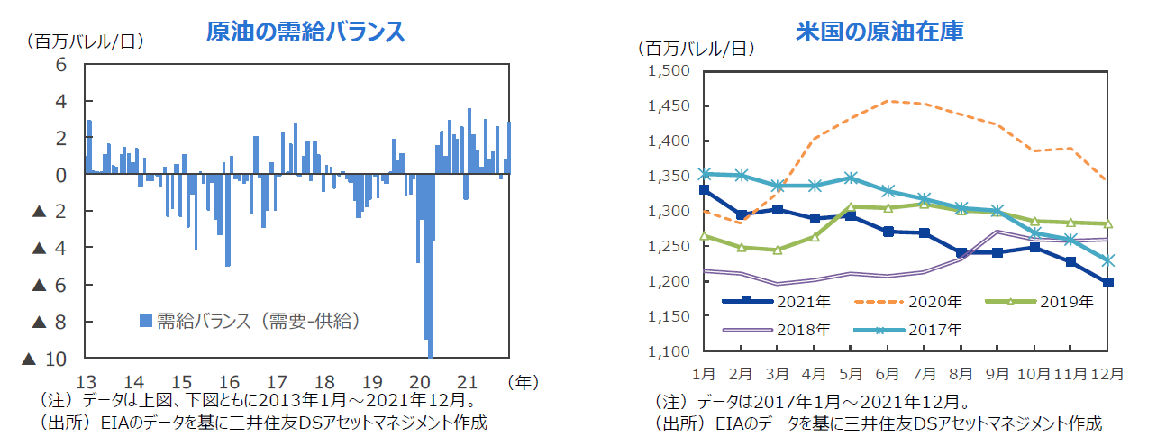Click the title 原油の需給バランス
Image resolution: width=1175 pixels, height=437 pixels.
click(305, 32)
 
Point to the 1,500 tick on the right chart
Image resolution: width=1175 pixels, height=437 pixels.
click(669, 71)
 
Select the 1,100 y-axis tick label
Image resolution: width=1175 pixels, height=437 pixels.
click(669, 351)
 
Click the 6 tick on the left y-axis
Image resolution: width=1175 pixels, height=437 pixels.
click(61, 65)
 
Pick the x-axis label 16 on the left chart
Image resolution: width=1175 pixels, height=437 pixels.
click(229, 381)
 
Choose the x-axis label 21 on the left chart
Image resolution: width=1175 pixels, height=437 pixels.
click(468, 381)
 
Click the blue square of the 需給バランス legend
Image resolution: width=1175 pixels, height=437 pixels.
click(145, 320)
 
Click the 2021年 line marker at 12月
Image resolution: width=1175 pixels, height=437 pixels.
click(1107, 282)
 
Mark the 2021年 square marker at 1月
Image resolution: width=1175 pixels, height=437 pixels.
click(704, 190)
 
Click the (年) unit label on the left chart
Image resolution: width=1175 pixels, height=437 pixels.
click(524, 381)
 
